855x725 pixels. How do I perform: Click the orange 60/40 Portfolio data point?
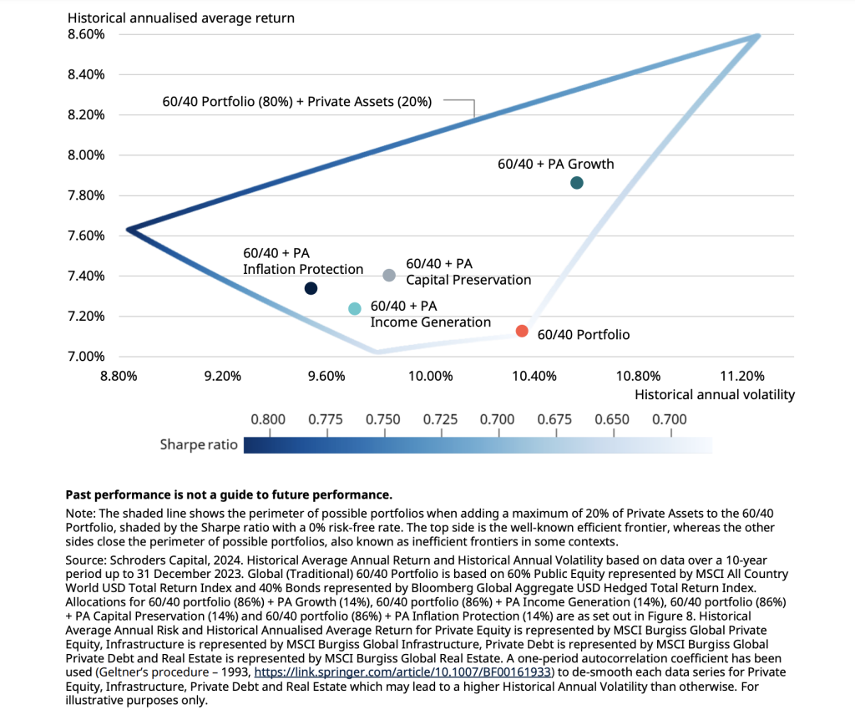522,331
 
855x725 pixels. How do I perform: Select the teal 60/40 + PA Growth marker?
577,183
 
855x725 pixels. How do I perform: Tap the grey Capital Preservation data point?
389,276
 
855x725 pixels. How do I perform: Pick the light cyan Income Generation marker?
354,309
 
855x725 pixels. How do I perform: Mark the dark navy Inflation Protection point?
311,289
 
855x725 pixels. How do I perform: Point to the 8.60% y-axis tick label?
86,34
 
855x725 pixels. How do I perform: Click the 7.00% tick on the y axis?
86,357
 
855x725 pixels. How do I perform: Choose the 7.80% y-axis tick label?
86,195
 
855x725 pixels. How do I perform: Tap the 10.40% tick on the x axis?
534,375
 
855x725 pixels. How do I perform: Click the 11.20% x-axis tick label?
741,375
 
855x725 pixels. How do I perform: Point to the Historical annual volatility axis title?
715,394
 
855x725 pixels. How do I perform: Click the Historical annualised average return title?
180,17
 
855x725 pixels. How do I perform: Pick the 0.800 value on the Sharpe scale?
268,419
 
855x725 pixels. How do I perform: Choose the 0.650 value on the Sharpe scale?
613,419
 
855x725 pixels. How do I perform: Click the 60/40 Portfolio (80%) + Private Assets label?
296,102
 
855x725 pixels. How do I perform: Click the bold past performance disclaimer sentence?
229,494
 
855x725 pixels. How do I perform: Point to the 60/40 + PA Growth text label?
555,164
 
